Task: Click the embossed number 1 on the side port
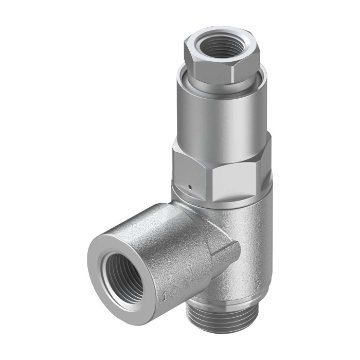point(164,296)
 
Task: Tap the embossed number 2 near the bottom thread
point(259,285)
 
